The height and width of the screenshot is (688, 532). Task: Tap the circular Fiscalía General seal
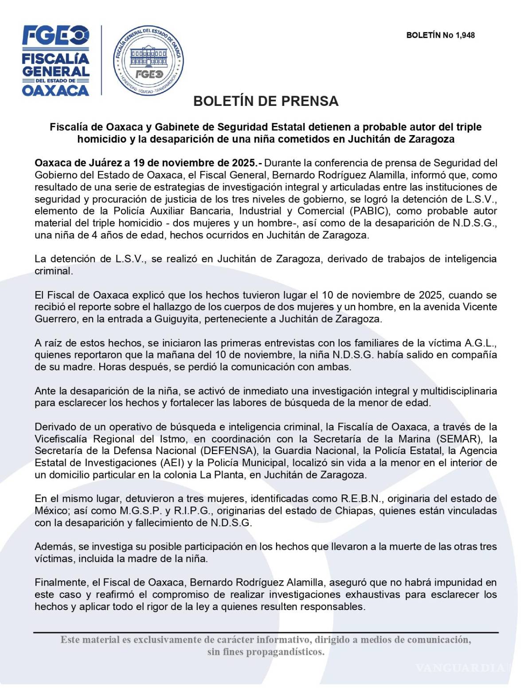pyautogui.click(x=149, y=61)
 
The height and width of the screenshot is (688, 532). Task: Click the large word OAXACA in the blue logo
pyautogui.click(x=56, y=90)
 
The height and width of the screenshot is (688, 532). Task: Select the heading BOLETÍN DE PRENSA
pyautogui.click(x=266, y=101)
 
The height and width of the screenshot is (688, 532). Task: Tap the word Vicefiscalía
pyautogui.click(x=61, y=439)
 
